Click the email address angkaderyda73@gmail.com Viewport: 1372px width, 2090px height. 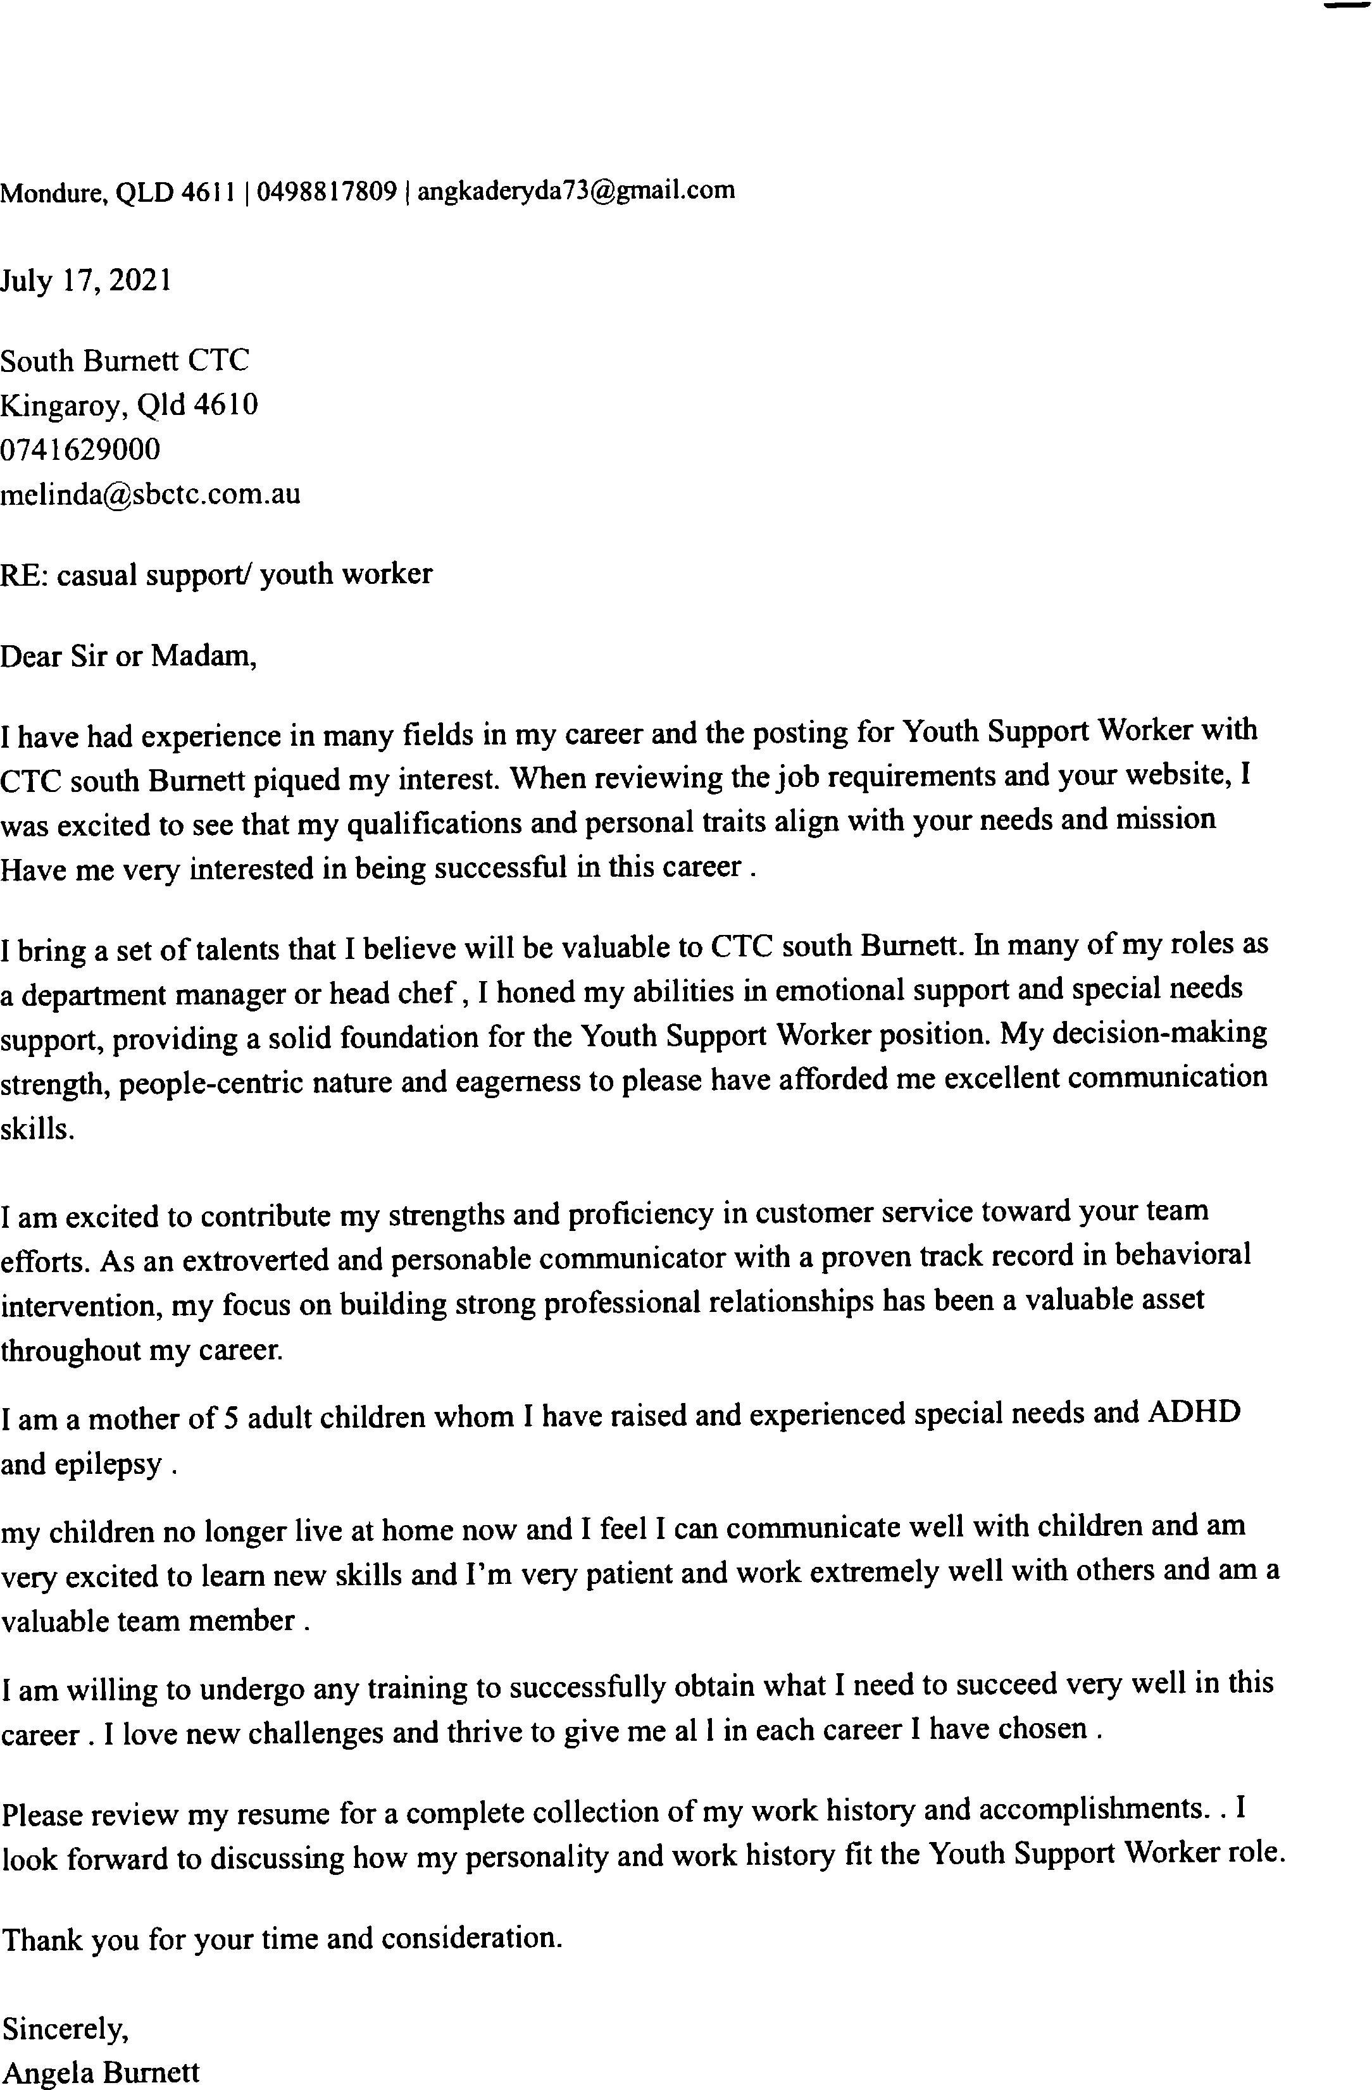[x=575, y=190]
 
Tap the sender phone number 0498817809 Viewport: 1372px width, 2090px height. [x=327, y=190]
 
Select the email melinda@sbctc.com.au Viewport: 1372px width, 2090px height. [x=150, y=495]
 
